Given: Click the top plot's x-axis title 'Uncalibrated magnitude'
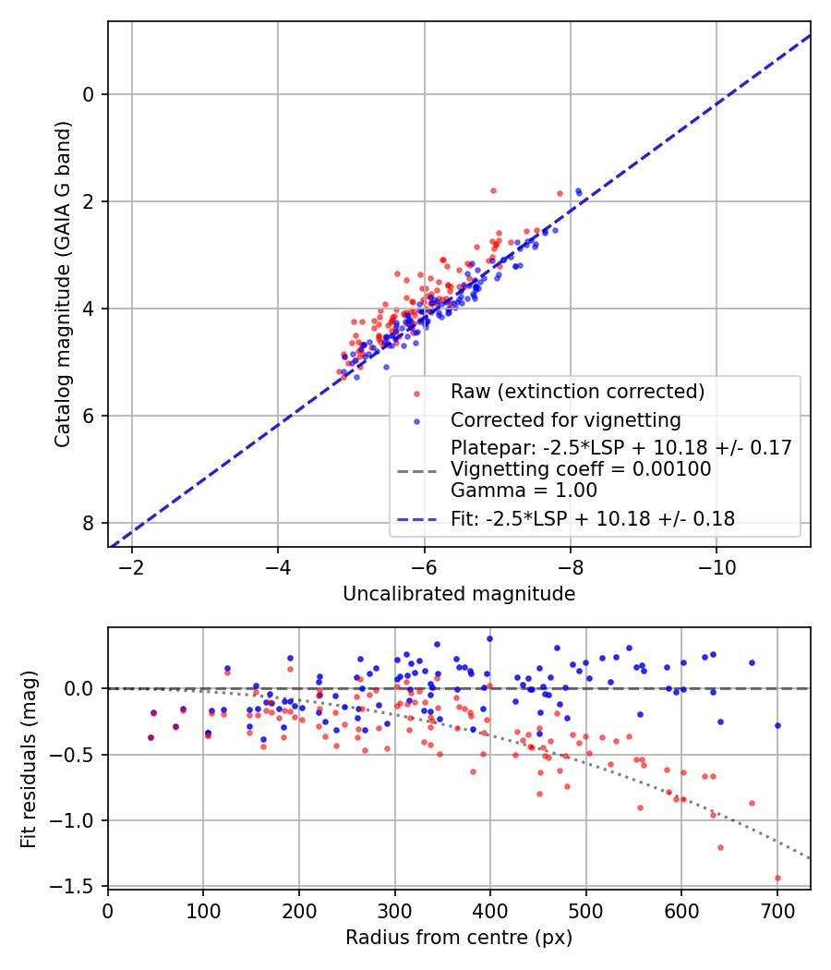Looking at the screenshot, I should (x=459, y=594).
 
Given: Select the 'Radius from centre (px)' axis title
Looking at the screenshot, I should (x=459, y=938).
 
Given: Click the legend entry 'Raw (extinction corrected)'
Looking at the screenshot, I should (x=577, y=392).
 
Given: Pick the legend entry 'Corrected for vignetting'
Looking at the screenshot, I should (x=565, y=420).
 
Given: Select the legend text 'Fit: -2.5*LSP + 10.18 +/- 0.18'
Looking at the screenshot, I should (x=593, y=519).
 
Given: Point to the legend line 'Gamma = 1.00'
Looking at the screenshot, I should (x=524, y=491).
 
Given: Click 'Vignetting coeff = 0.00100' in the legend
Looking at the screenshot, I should (x=581, y=469).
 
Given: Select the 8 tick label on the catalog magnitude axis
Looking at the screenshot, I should (x=90, y=523).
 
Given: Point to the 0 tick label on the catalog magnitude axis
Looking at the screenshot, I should (x=90, y=94).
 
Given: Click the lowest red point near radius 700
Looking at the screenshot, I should (x=777, y=878).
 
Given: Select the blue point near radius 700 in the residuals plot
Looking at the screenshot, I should (x=777, y=725).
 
